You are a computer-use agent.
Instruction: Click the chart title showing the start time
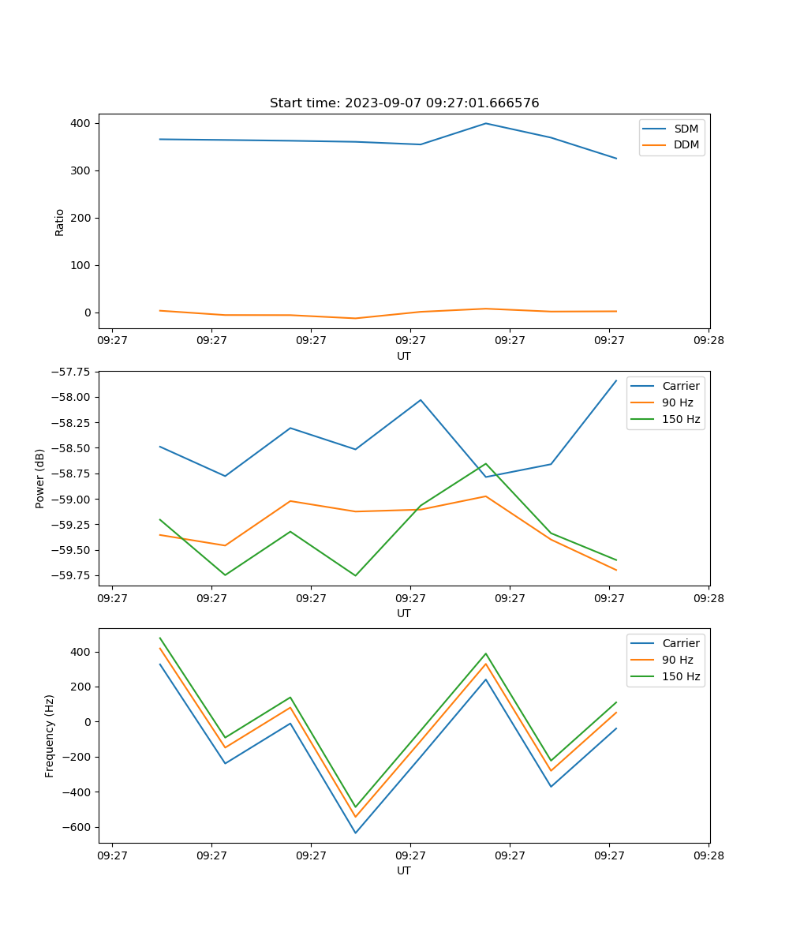pyautogui.click(x=404, y=103)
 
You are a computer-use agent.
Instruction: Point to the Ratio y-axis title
pyautogui.click(x=60, y=222)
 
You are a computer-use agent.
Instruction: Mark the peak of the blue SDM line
pyautogui.click(x=486, y=123)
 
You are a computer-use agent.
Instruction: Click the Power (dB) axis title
pyautogui.click(x=40, y=479)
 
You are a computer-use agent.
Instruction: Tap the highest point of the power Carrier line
pyautogui.click(x=616, y=380)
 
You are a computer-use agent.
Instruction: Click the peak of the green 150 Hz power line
pyautogui.click(x=486, y=463)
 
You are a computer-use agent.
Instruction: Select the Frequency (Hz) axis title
pyautogui.click(x=50, y=736)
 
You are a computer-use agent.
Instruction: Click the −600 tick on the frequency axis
pyautogui.click(x=77, y=827)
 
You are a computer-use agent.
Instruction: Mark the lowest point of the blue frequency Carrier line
pyautogui.click(x=355, y=833)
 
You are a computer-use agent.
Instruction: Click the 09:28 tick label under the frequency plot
pyautogui.click(x=708, y=855)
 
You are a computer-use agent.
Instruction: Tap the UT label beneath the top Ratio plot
pyautogui.click(x=404, y=356)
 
